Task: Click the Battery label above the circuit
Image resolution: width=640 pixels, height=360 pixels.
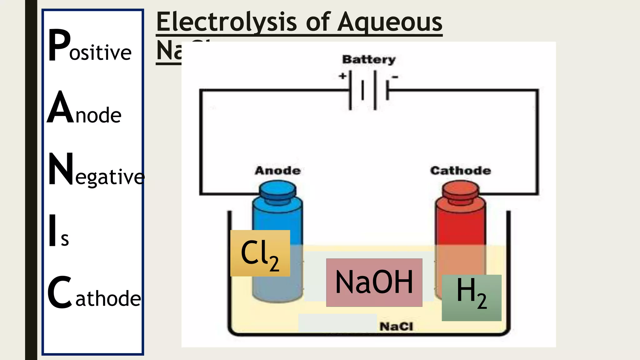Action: (x=369, y=59)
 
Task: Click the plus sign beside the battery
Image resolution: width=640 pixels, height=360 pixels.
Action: (x=342, y=76)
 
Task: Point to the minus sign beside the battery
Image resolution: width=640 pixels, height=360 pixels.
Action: (x=395, y=77)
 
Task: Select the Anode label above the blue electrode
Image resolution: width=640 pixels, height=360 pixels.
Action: (x=277, y=171)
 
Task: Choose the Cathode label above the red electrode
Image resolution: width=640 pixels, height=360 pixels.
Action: (x=460, y=171)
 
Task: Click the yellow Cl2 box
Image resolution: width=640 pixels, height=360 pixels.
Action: (x=260, y=253)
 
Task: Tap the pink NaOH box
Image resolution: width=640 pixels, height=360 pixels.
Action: (x=374, y=282)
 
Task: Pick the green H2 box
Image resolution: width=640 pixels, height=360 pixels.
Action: (x=472, y=297)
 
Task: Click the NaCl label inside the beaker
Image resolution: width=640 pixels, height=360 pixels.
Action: (x=396, y=327)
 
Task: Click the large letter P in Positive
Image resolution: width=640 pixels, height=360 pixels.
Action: (x=59, y=45)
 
